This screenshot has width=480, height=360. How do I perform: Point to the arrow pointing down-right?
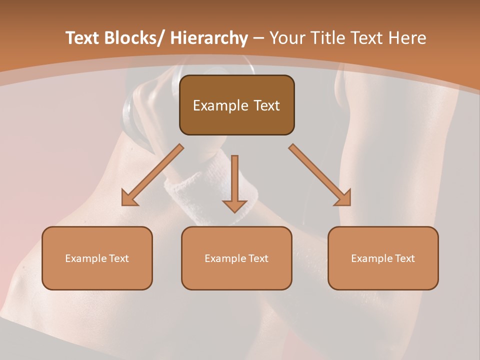pos(320,175)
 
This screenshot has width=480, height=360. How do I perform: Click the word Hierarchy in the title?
pos(208,38)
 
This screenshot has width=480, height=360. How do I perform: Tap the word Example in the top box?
pos(220,105)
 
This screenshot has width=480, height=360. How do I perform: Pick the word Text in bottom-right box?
pos(404,258)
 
